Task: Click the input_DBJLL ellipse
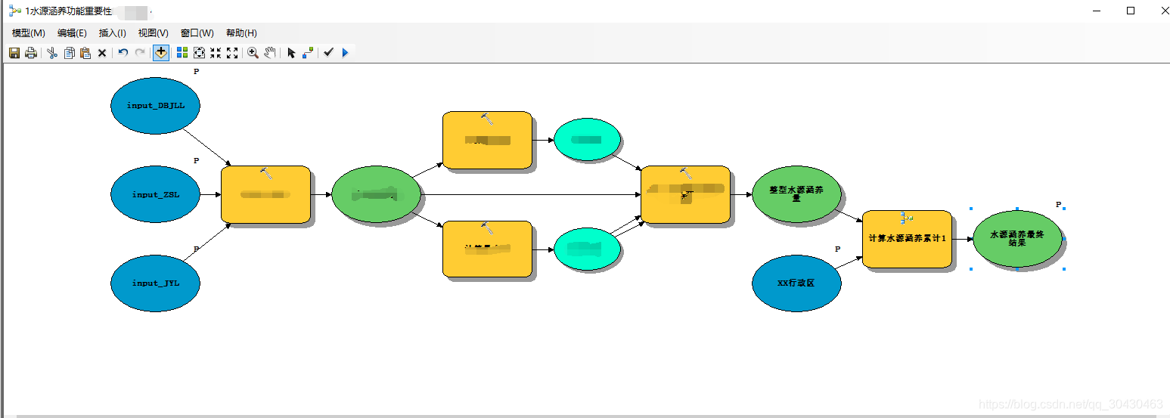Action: click(x=155, y=106)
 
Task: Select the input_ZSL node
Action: click(x=155, y=194)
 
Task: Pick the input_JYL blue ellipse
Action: click(x=155, y=283)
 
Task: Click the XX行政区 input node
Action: click(x=796, y=283)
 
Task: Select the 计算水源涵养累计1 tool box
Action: click(x=907, y=239)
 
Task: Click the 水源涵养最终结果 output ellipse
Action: click(x=1017, y=239)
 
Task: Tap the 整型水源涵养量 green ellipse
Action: click(x=796, y=194)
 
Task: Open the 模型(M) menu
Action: click(x=29, y=33)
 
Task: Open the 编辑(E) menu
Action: click(x=72, y=33)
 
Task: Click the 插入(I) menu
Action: click(x=113, y=33)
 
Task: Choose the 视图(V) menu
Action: click(x=153, y=33)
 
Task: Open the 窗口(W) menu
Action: click(x=197, y=33)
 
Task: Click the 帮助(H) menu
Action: click(x=241, y=33)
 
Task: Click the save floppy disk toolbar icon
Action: click(x=14, y=53)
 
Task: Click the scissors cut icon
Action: click(x=51, y=53)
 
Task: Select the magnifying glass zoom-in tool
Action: click(x=253, y=53)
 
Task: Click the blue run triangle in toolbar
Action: click(x=345, y=53)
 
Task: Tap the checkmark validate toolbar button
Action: click(x=328, y=53)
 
